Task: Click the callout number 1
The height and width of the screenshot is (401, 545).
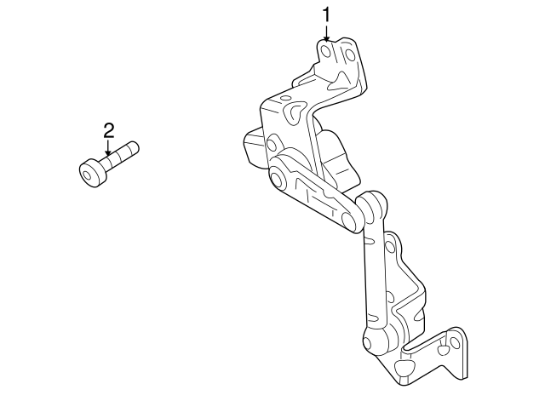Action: [x=325, y=14]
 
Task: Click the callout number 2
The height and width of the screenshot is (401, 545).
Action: [x=108, y=130]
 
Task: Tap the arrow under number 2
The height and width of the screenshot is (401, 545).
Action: [x=108, y=150]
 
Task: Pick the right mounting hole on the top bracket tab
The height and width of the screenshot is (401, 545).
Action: [x=347, y=55]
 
